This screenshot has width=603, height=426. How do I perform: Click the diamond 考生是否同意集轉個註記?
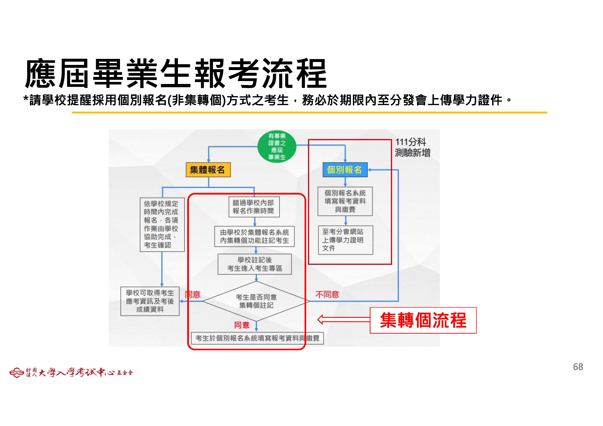[256, 301]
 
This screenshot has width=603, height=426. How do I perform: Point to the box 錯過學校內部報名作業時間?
[254, 207]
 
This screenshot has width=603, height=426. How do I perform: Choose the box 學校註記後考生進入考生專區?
[255, 264]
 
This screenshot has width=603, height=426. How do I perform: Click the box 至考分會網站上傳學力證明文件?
[346, 240]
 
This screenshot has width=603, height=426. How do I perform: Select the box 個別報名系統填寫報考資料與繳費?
[345, 201]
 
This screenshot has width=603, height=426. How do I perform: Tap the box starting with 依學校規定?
[162, 225]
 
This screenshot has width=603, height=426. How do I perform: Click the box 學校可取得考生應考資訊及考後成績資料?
[150, 301]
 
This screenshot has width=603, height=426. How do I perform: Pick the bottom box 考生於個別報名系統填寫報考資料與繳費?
[257, 338]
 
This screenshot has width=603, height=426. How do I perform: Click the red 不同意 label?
[327, 295]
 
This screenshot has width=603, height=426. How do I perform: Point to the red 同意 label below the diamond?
[242, 325]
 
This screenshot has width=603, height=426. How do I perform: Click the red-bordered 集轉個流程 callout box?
[423, 320]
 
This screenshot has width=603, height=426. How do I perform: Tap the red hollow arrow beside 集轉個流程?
[343, 320]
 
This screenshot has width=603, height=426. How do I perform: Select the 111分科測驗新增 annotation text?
[413, 147]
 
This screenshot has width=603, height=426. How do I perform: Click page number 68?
[578, 367]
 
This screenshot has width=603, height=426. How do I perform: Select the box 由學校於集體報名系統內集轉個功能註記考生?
[255, 236]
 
